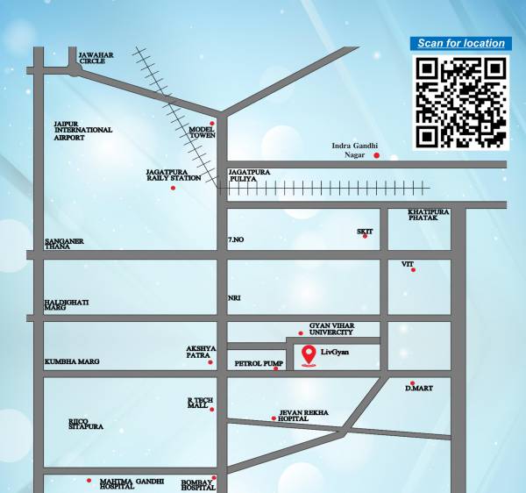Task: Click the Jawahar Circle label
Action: (x=96, y=58)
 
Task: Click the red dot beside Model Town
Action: (x=212, y=124)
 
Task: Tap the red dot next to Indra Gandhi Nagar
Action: (x=377, y=156)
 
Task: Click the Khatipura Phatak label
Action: (x=429, y=215)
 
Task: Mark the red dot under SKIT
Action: (x=366, y=237)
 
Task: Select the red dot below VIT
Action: (x=414, y=269)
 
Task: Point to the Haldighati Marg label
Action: (x=67, y=305)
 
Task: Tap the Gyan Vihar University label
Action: (x=331, y=329)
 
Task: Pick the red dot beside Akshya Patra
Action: (x=212, y=360)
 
